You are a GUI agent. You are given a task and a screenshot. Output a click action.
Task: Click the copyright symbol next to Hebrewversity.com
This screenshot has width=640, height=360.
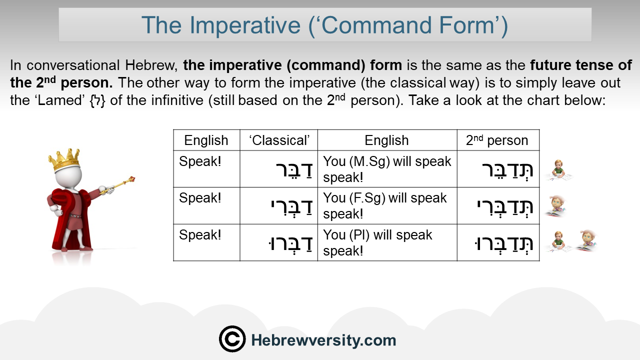pyautogui.click(x=232, y=339)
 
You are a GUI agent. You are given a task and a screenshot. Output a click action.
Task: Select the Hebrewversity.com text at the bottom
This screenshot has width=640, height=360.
pyautogui.click(x=323, y=340)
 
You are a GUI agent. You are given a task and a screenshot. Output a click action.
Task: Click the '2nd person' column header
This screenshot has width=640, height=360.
pyautogui.click(x=497, y=140)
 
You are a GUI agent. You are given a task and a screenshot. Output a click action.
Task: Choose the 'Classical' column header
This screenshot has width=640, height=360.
pyautogui.click(x=279, y=140)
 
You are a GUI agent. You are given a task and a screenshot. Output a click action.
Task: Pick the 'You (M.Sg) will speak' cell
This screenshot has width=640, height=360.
pyautogui.click(x=387, y=169)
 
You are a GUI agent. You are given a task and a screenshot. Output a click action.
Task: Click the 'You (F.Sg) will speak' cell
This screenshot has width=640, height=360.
pyautogui.click(x=387, y=205)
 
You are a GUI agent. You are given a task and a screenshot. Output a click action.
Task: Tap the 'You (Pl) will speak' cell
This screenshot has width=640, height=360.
pyautogui.click(x=387, y=242)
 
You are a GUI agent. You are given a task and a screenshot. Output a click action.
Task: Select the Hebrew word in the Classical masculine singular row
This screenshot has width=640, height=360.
pyautogui.click(x=294, y=170)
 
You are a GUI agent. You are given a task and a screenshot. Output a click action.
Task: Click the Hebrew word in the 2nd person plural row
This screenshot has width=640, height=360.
pyautogui.click(x=503, y=243)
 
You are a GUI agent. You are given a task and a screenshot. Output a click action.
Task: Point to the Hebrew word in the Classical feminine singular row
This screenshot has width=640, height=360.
pyautogui.click(x=291, y=206)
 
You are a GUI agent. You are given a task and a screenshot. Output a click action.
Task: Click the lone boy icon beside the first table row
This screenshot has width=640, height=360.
pyautogui.click(x=558, y=170)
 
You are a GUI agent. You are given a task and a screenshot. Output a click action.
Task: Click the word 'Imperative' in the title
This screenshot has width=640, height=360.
pyautogui.click(x=245, y=25)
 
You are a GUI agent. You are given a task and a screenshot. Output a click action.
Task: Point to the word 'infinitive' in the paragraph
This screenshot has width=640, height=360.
pyautogui.click(x=177, y=100)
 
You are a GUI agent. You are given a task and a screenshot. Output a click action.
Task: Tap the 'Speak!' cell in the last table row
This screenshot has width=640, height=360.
pyautogui.click(x=200, y=235)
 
